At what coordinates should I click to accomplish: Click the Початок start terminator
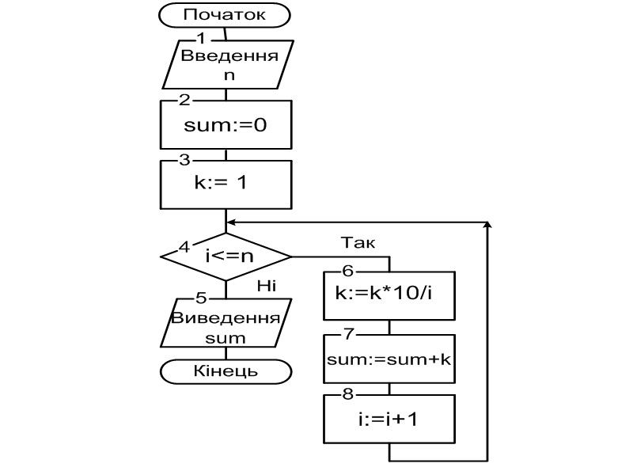pyautogui.click(x=226, y=14)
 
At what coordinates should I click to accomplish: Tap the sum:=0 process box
pyautogui.click(x=226, y=125)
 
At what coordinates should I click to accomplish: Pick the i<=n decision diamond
pyautogui.click(x=226, y=256)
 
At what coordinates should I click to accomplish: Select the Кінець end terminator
pyautogui.click(x=226, y=370)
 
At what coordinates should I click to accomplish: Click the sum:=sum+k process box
pyautogui.click(x=389, y=359)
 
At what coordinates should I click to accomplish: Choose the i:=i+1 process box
pyautogui.click(x=389, y=419)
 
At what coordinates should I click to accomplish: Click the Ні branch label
pyautogui.click(x=265, y=286)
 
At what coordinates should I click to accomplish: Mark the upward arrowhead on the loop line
pyautogui.click(x=488, y=227)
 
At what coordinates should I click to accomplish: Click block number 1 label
pyautogui.click(x=201, y=38)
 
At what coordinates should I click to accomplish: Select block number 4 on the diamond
pyautogui.click(x=184, y=245)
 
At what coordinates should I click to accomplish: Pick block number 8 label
pyautogui.click(x=348, y=393)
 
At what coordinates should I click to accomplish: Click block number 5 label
pyautogui.click(x=201, y=298)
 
